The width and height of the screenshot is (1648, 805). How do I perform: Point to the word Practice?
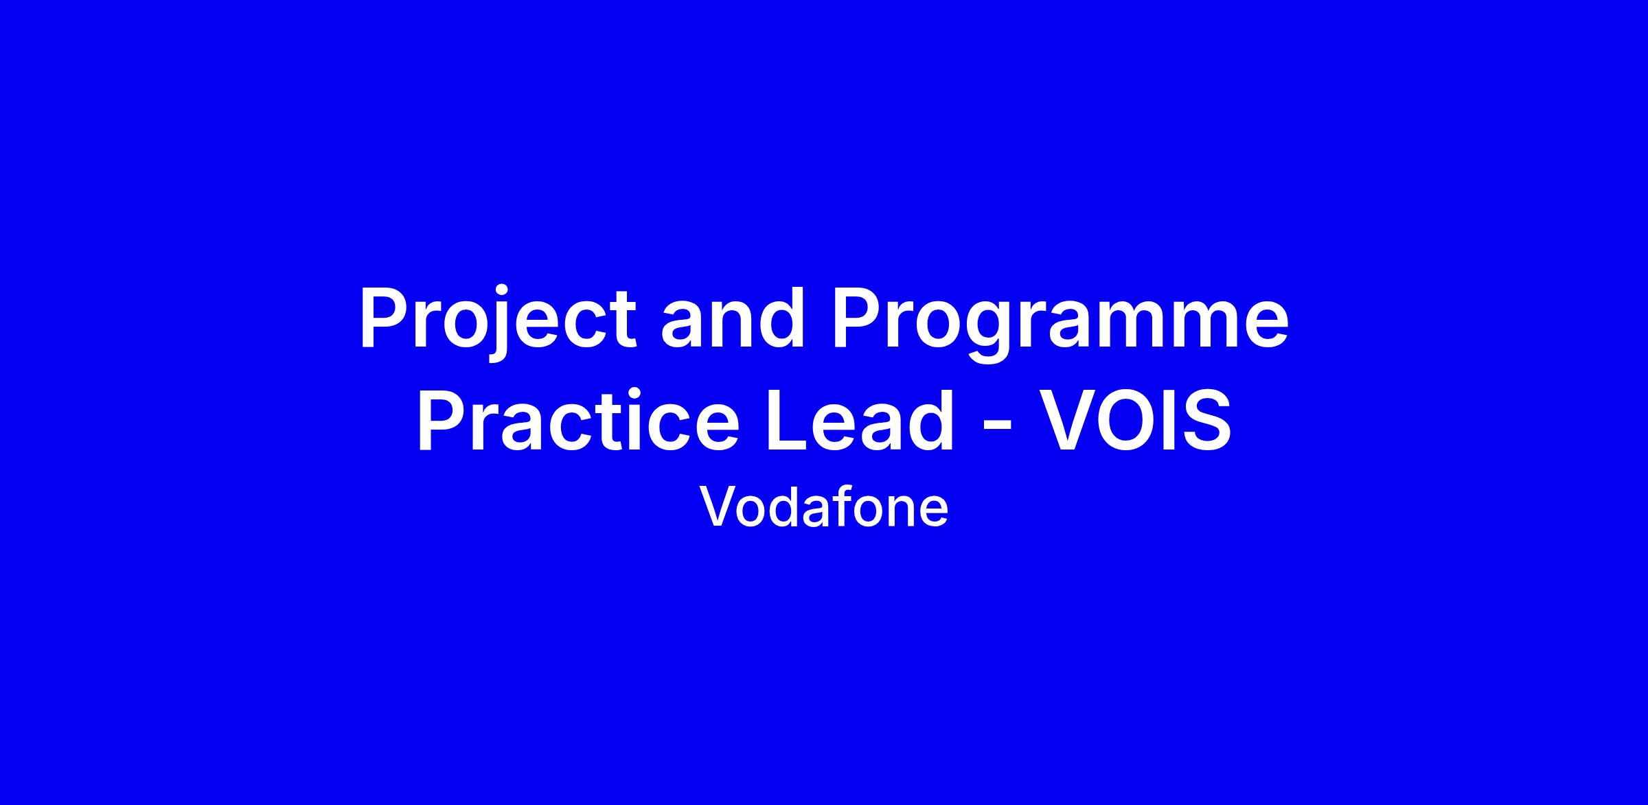pyautogui.click(x=578, y=420)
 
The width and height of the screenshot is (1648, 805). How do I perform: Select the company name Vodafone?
pyautogui.click(x=824, y=507)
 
